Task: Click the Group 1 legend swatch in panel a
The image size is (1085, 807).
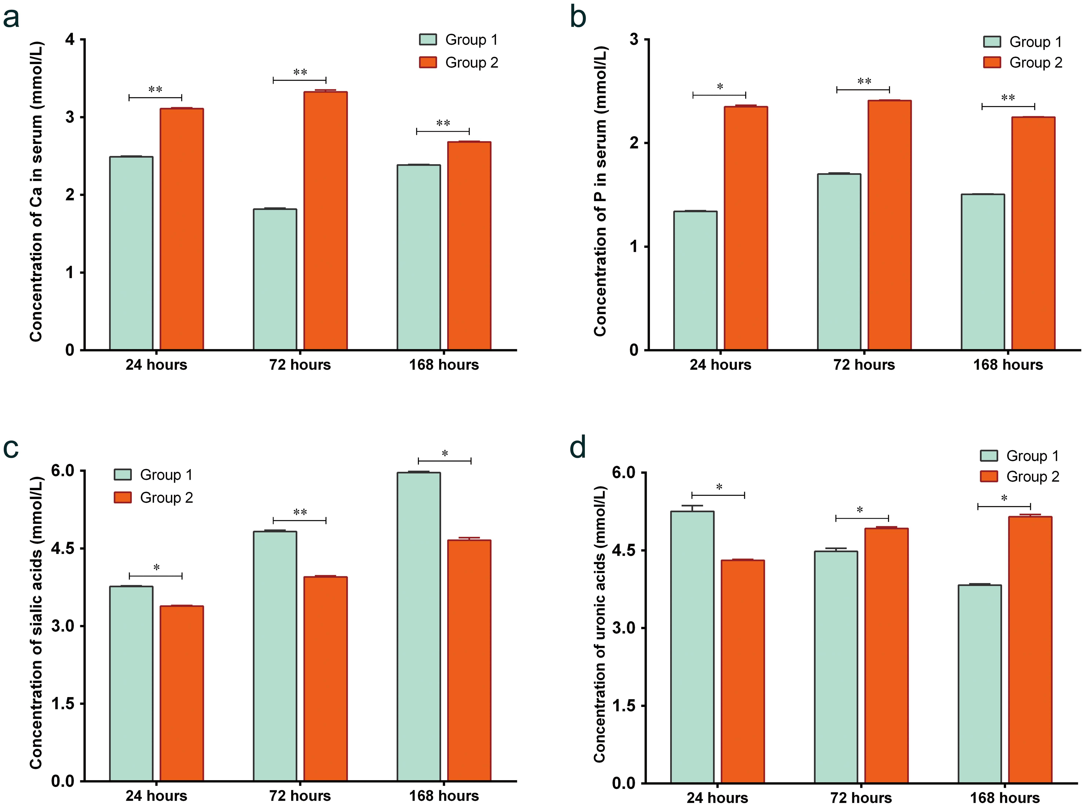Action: pyautogui.click(x=428, y=40)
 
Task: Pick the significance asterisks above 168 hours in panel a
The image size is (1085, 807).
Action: pyautogui.click(x=443, y=123)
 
